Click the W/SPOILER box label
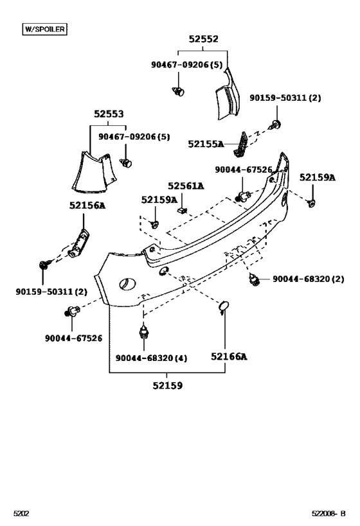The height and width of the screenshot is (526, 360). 44,29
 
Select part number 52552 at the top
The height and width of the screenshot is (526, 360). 203,39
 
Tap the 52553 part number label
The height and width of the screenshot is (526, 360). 108,114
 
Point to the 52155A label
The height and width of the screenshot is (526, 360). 206,145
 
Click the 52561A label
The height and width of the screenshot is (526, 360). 186,186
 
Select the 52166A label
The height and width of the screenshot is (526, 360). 229,356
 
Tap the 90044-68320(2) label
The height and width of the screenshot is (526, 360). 308,279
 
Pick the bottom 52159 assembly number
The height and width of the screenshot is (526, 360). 167,385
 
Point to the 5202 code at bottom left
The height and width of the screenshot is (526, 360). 22,514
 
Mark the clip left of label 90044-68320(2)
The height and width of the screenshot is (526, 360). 254,279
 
